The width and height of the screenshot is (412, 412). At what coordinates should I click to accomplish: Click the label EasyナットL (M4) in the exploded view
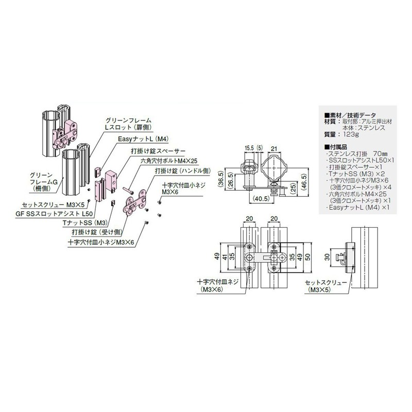click(139, 139)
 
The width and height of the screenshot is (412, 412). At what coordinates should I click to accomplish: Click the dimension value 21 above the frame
click(274, 149)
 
